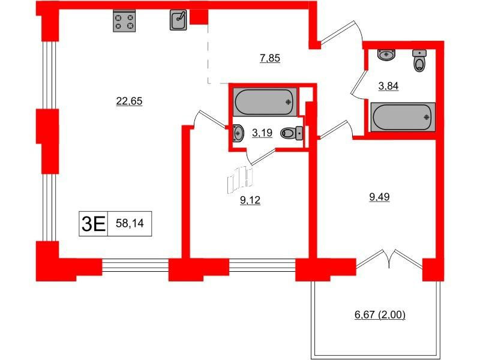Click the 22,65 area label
pyautogui.click(x=128, y=101)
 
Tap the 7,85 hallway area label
pyautogui.click(x=270, y=58)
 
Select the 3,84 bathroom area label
pyautogui.click(x=388, y=86)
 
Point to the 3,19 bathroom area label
pyautogui.click(x=261, y=133)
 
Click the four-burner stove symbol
pyautogui.click(x=124, y=21)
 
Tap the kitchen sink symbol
pyautogui.click(x=179, y=20)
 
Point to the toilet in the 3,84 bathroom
pyautogui.click(x=419, y=61)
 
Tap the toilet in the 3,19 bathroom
pyautogui.click(x=290, y=134)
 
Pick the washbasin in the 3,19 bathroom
pyautogui.click(x=238, y=132)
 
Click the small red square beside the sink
pyautogui.click(x=198, y=17)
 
